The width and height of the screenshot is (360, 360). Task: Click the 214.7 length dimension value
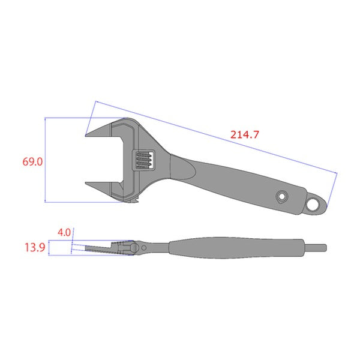(245, 134)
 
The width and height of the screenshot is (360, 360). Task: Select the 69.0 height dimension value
(32, 162)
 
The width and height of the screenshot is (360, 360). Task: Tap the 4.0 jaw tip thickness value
(64, 233)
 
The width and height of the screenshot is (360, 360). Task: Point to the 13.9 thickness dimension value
(35, 247)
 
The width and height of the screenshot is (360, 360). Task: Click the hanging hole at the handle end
(313, 205)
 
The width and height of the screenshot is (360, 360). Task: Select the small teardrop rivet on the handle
(282, 197)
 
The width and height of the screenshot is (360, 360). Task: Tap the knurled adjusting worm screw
(143, 160)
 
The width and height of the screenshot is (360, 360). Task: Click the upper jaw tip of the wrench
(85, 136)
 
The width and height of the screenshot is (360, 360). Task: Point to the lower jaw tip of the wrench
(85, 183)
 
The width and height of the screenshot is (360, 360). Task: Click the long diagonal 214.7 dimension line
(217, 137)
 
